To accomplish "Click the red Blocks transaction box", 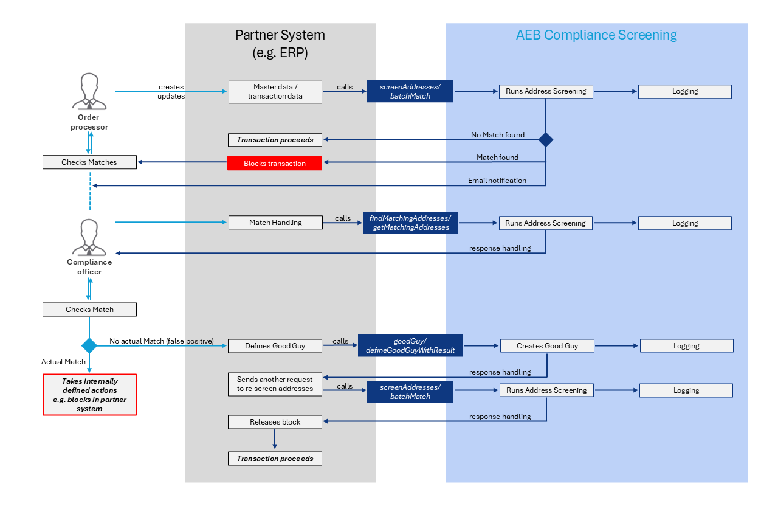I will click(275, 163).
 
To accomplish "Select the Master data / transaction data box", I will click(275, 91).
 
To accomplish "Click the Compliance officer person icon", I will click(89, 237).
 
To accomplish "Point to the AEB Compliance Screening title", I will click(596, 35).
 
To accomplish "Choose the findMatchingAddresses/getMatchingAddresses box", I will click(410, 223).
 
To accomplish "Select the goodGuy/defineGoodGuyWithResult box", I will click(410, 345).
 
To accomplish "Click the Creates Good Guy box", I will click(548, 345).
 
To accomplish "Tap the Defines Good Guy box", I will click(275, 345).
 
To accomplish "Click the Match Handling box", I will click(275, 223).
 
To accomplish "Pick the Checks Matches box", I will click(89, 162).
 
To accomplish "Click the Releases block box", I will click(275, 421).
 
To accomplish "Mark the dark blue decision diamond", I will click(546, 139).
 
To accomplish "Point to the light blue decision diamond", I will click(89, 345).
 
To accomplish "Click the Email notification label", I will click(497, 181).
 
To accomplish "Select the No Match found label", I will click(497, 134).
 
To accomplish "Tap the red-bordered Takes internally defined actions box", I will click(89, 395).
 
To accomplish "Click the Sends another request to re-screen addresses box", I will click(275, 384).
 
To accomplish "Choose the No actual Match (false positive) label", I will click(162, 341).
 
